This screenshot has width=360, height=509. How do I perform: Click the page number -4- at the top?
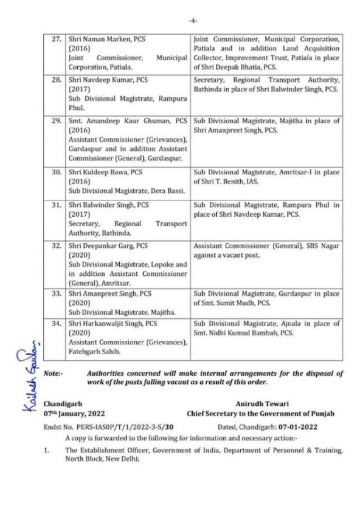pos(193,21)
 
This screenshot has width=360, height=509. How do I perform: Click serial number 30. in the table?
pos(57,172)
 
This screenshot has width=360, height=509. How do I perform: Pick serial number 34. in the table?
pos(57,324)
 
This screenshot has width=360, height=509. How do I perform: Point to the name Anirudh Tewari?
pos(261,404)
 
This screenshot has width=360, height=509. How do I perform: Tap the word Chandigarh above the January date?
pos(63,404)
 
